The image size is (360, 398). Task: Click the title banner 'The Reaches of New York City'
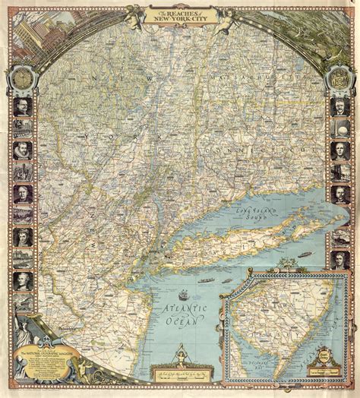[180, 14]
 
